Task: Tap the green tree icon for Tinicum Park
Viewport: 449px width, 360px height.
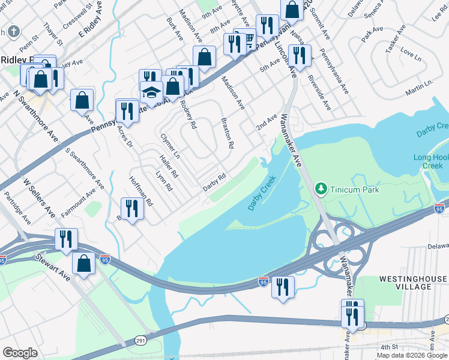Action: click(x=322, y=190)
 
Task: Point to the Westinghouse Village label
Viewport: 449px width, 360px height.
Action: click(x=413, y=283)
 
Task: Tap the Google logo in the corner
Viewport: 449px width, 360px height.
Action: click(x=20, y=353)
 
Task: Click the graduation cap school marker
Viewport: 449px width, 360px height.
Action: click(x=152, y=93)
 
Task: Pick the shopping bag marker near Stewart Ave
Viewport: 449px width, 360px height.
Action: click(x=83, y=263)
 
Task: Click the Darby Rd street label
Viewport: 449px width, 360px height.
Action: click(x=214, y=182)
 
